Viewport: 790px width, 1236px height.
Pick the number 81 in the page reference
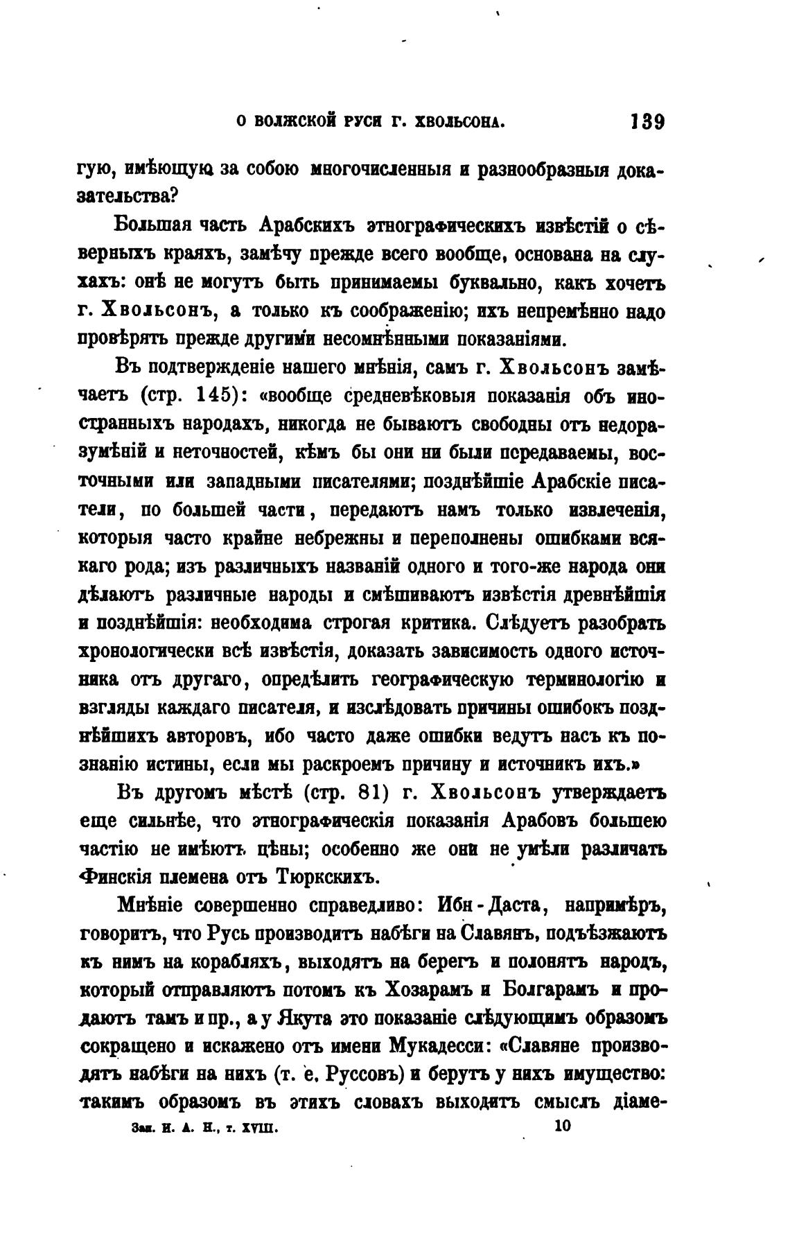pyautogui.click(x=360, y=792)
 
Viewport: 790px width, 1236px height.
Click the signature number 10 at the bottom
pyautogui.click(x=562, y=1127)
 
